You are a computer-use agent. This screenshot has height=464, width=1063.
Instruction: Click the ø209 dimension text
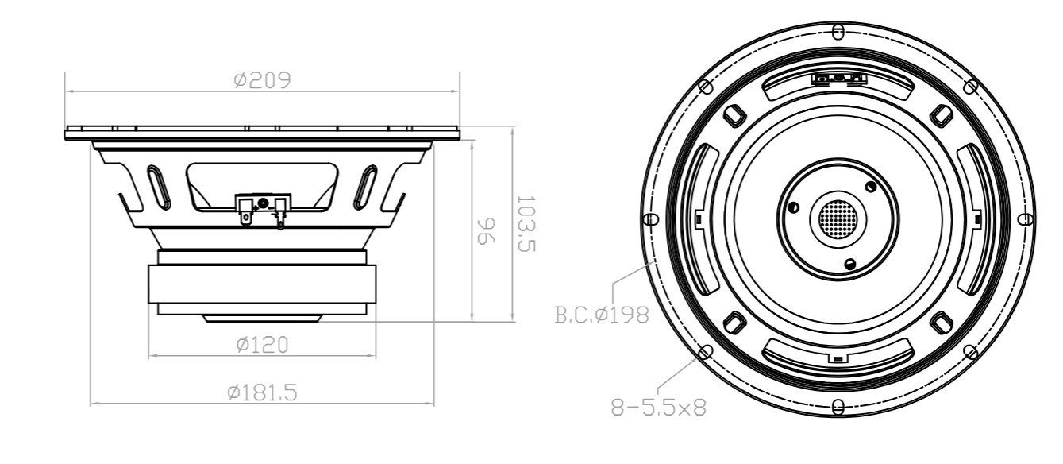point(262,80)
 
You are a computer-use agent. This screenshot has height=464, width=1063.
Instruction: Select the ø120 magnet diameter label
point(262,345)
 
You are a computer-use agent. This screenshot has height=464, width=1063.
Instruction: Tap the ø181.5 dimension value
point(262,392)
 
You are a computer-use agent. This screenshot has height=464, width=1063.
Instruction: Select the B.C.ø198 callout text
point(601,315)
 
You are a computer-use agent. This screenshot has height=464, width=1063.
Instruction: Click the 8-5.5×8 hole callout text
point(658,408)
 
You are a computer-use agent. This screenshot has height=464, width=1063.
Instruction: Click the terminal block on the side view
point(260,211)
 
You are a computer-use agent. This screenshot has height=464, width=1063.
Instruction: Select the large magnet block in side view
point(262,283)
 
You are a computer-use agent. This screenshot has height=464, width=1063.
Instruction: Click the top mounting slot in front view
point(838,32)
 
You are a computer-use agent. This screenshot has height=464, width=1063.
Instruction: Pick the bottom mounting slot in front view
point(838,407)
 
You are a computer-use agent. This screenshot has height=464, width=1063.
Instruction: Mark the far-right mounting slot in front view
point(1026,219)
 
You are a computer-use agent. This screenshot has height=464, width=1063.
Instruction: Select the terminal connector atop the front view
point(838,78)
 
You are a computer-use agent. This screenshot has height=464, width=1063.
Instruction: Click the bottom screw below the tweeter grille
point(850,263)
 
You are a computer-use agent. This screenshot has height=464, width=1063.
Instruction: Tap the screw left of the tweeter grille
point(791,208)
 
